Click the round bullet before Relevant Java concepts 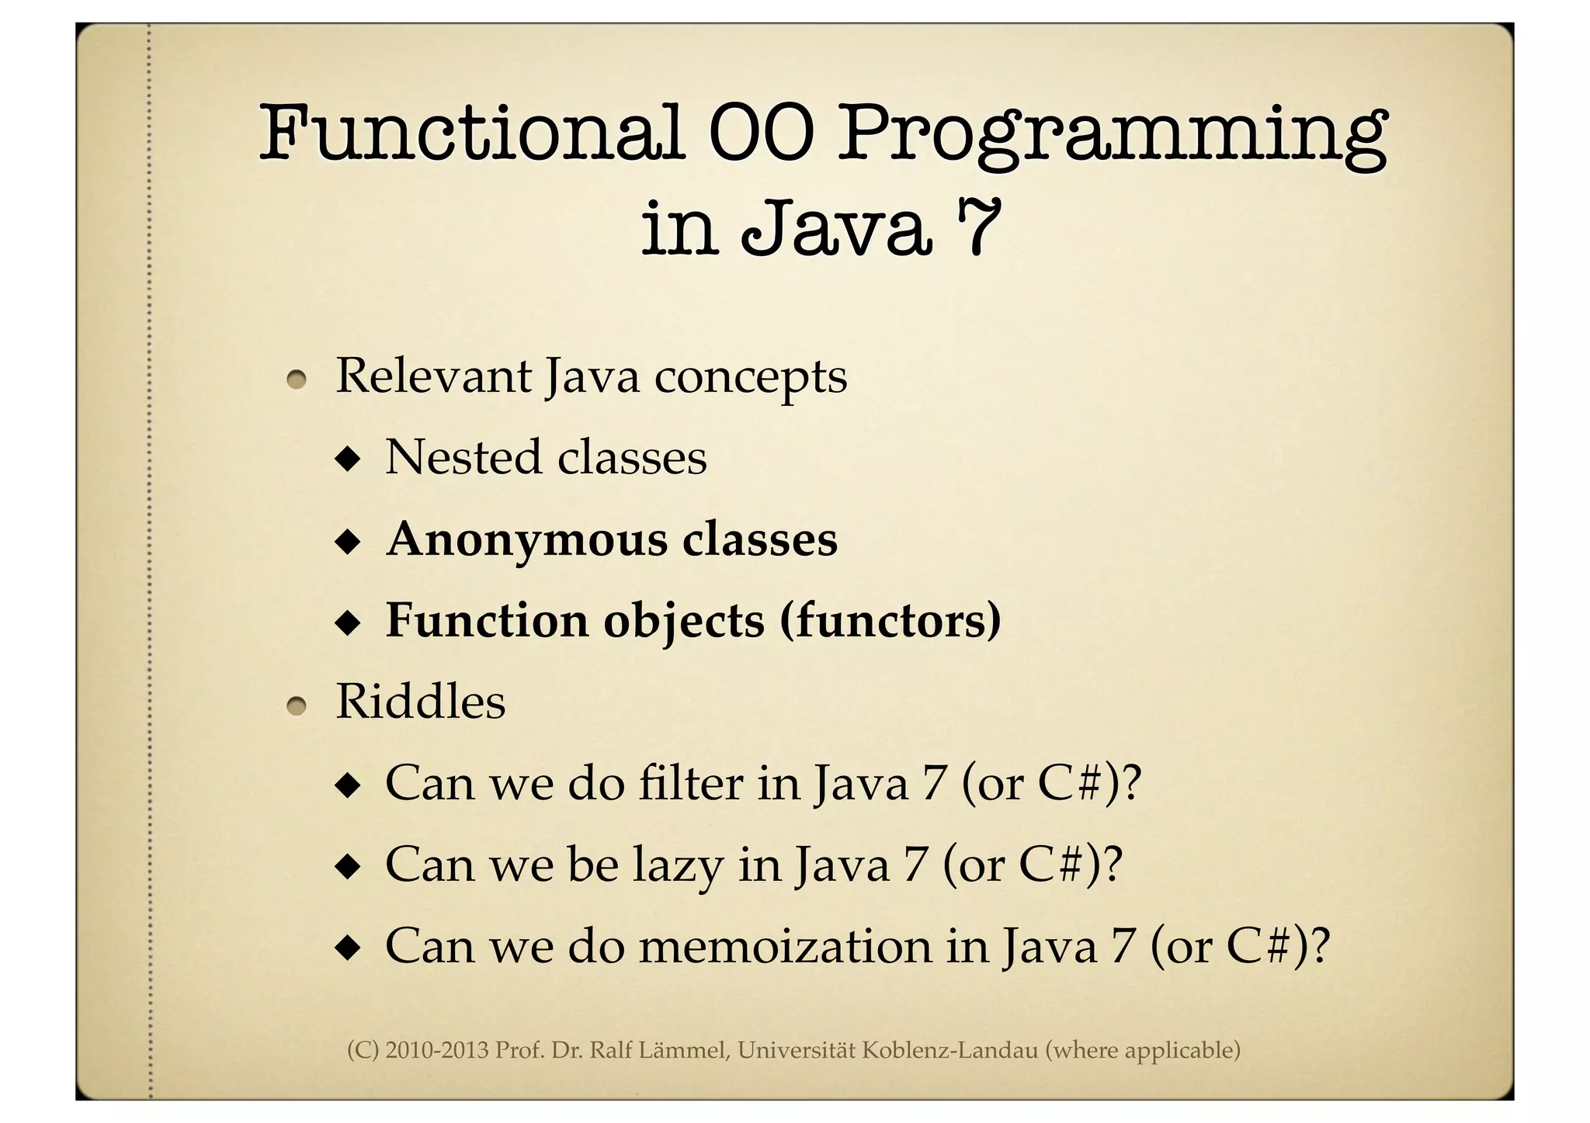[x=296, y=380]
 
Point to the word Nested [x=463, y=457]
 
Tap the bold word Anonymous [x=526, y=539]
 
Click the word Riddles [x=420, y=702]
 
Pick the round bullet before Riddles [x=296, y=706]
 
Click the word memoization [x=785, y=947]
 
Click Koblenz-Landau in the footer [x=949, y=1051]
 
